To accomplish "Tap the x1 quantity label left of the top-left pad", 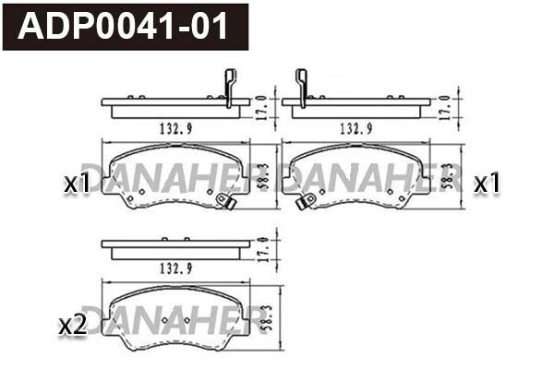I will click(x=77, y=184).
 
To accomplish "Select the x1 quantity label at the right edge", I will click(x=486, y=184).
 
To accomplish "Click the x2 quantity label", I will click(x=72, y=325).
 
